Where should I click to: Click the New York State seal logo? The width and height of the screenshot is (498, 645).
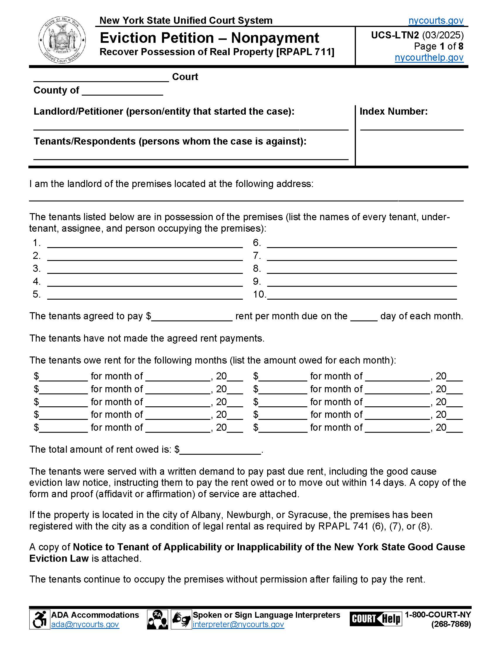62,40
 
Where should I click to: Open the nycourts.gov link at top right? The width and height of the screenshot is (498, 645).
436,21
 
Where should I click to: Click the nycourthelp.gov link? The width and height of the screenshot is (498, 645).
429,57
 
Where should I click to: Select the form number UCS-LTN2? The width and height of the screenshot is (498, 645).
395,35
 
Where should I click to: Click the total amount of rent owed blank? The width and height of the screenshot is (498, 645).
220,450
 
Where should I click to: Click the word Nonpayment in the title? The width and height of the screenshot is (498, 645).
275,38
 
